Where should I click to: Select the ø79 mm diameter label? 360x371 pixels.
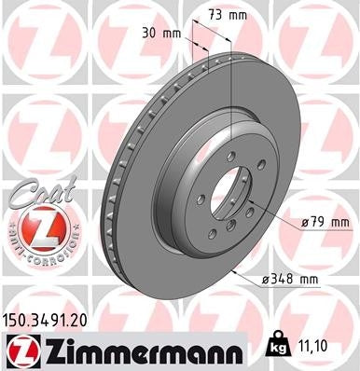tap(323, 223)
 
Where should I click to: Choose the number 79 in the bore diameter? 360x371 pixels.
tap(318, 223)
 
